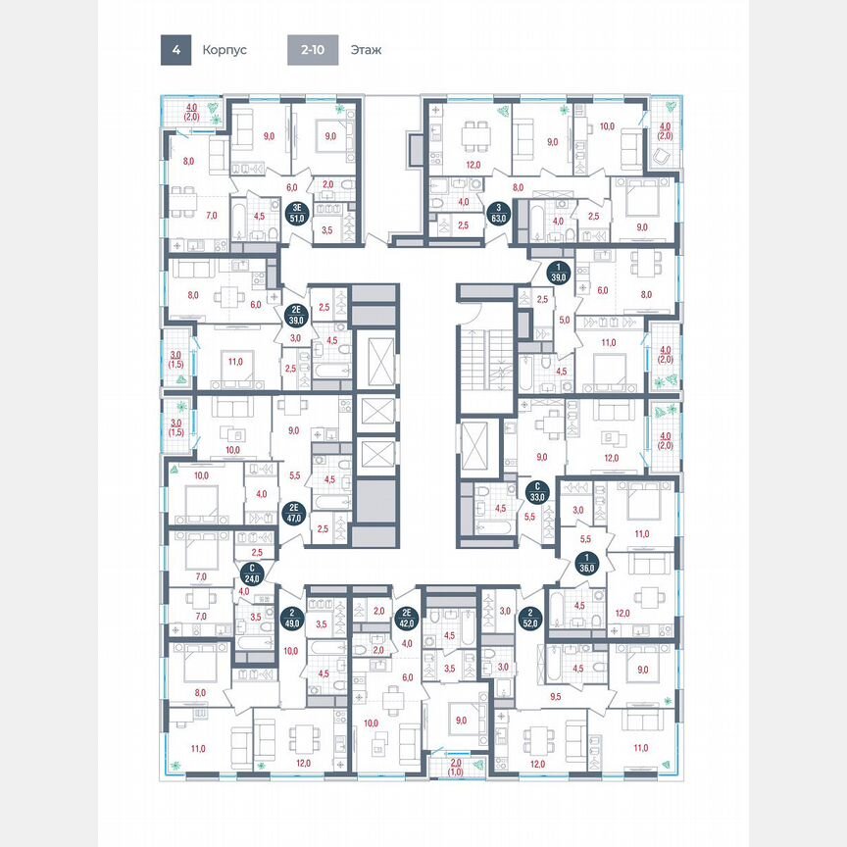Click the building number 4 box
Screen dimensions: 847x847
175,49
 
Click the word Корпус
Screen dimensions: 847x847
224,49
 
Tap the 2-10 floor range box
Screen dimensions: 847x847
313,49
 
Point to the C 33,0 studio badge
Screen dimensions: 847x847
536,491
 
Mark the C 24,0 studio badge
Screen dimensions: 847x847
253,573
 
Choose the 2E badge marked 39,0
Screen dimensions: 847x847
293,316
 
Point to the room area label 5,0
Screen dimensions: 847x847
564,319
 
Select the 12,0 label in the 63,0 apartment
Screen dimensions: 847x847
473,165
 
